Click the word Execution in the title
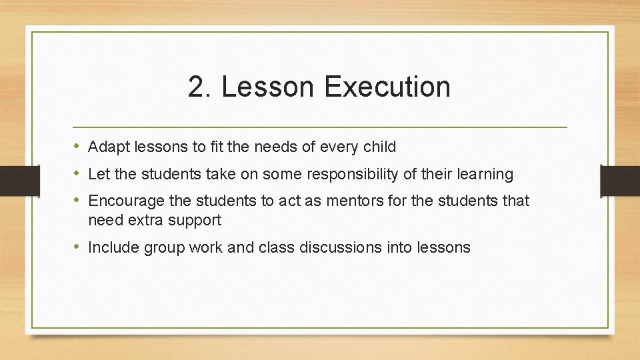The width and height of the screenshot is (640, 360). pos(388,87)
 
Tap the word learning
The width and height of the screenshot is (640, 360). pos(485,175)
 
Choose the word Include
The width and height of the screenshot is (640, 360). pos(111,247)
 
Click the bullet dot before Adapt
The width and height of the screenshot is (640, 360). pos(78,147)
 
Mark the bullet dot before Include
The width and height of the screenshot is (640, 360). pos(78,247)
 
